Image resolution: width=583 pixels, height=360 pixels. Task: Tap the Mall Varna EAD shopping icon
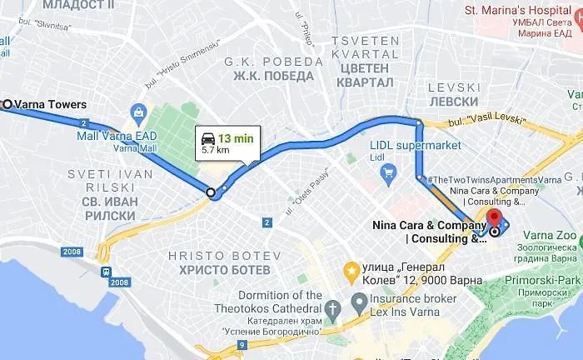[139, 112]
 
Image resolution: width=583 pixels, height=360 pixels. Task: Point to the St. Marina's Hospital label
[522, 10]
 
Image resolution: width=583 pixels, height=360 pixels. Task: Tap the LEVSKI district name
[455, 87]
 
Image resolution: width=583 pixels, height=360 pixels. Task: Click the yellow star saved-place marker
[351, 271]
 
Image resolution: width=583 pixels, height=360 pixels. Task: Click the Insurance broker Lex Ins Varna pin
[359, 300]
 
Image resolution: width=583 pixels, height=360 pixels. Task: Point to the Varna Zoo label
[550, 236]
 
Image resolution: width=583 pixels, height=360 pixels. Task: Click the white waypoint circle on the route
[211, 192]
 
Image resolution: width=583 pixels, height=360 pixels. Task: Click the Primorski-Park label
[546, 281]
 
